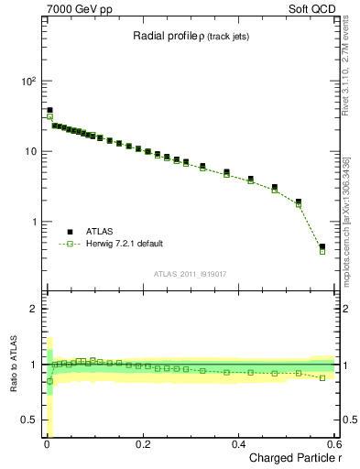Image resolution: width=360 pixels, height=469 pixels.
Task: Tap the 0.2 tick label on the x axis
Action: point(142,443)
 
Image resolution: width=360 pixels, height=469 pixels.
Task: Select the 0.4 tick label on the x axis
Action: point(238,443)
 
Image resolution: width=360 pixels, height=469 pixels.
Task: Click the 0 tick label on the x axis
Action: point(47,443)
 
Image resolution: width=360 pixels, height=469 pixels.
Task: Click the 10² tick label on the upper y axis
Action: point(29,81)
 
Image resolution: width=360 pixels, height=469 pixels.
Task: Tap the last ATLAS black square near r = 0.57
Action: point(322,246)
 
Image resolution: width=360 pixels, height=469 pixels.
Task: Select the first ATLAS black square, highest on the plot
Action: point(49,110)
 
